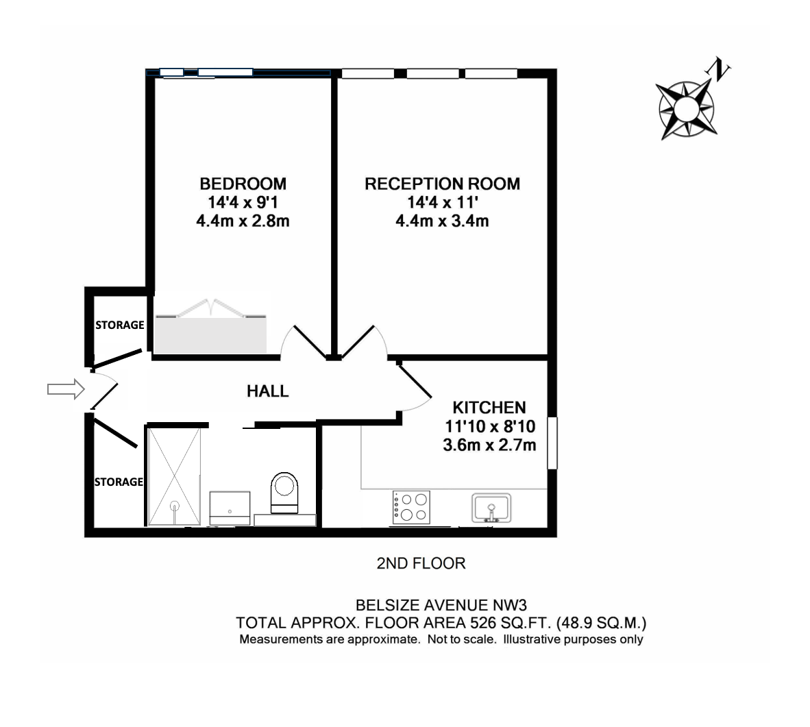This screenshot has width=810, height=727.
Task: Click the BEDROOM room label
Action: [243, 184]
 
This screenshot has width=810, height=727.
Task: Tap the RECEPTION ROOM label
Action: [442, 184]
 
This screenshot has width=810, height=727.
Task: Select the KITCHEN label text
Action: [489, 408]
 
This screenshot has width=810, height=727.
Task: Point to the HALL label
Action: [267, 391]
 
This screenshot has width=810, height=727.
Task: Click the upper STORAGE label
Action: [119, 325]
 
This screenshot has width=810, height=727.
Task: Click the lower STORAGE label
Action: [119, 482]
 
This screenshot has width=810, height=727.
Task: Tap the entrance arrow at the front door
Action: [66, 389]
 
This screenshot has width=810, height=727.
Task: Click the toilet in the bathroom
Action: [284, 493]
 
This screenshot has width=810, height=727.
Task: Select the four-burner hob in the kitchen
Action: [411, 508]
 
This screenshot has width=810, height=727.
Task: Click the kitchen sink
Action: [491, 508]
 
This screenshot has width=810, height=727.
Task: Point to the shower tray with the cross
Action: [174, 476]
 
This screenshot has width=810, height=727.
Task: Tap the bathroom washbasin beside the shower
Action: [230, 508]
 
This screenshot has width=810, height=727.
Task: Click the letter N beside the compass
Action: [718, 69]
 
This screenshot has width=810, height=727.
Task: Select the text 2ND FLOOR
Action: [421, 563]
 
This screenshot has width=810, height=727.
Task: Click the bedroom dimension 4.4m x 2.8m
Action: [243, 221]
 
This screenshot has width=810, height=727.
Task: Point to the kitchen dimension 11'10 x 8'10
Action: [490, 427]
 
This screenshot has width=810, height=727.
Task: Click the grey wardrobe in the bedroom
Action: [211, 335]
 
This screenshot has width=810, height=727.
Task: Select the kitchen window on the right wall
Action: [552, 443]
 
